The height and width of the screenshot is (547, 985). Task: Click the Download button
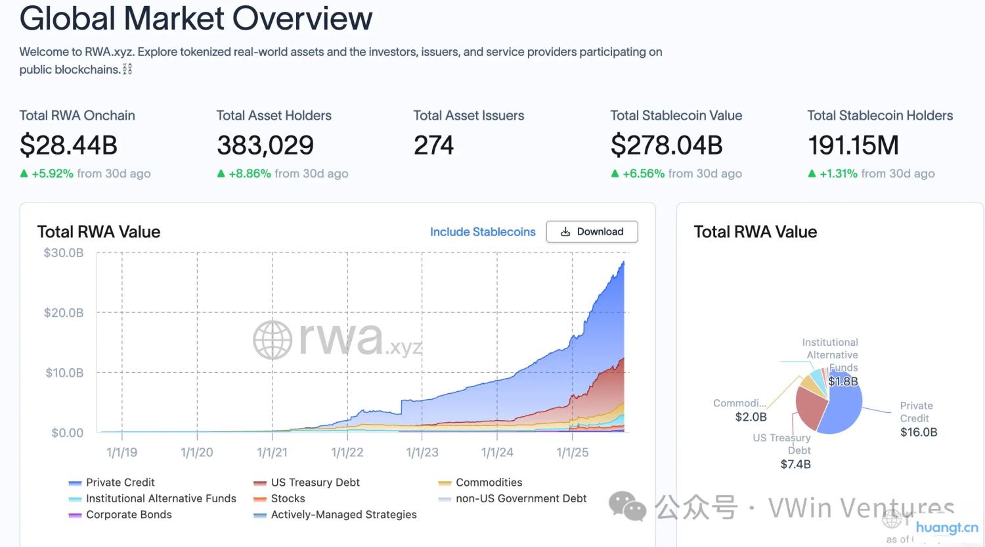592,231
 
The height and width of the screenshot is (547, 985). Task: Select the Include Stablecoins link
483,231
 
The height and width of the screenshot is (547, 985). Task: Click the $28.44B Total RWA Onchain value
68,145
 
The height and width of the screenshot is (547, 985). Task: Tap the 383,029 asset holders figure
265,145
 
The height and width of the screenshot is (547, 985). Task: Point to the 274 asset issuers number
433,145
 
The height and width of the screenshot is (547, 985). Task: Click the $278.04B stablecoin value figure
666,145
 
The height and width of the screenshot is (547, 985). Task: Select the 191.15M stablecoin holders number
853,145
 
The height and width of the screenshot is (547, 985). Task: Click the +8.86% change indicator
249,174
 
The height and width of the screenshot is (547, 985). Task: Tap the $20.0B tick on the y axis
64,313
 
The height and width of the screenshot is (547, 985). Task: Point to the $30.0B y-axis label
64,253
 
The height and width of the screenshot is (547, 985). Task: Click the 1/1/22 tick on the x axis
347,452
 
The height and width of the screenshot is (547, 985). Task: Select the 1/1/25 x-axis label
573,452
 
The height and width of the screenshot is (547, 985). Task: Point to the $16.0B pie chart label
919,432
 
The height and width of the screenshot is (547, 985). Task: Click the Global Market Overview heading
196,18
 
